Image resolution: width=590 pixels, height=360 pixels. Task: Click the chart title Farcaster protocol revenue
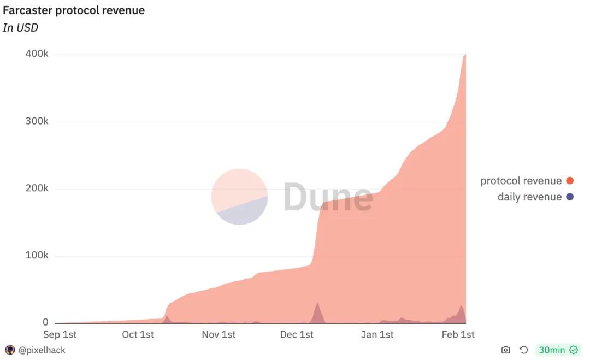pyautogui.click(x=74, y=10)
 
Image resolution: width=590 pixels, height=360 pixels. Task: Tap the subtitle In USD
pyautogui.click(x=20, y=27)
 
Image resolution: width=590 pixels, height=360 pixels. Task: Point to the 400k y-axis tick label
pyautogui.click(x=37, y=54)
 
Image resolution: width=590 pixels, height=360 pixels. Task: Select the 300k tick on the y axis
pyautogui.click(x=37, y=121)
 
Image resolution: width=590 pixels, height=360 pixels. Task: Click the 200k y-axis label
pyautogui.click(x=37, y=188)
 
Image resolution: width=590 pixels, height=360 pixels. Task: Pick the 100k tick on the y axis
pyautogui.click(x=37, y=256)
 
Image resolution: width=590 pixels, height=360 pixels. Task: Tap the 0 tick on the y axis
pyautogui.click(x=45, y=322)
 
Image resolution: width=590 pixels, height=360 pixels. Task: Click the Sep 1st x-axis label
pyautogui.click(x=60, y=334)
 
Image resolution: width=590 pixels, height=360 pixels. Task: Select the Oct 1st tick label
pyautogui.click(x=138, y=334)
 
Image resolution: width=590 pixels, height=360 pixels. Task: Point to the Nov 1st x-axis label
pyautogui.click(x=219, y=334)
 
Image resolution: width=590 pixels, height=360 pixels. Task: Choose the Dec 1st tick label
pyautogui.click(x=297, y=334)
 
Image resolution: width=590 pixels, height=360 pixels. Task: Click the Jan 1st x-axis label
pyautogui.click(x=377, y=334)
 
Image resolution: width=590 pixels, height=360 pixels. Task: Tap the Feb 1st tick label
pyautogui.click(x=458, y=334)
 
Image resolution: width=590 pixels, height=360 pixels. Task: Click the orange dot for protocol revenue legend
pyautogui.click(x=570, y=181)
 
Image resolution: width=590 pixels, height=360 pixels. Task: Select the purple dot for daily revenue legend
pyautogui.click(x=570, y=197)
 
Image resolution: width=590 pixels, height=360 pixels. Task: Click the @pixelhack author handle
pyautogui.click(x=42, y=350)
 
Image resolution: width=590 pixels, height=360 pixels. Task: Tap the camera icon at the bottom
pyautogui.click(x=506, y=350)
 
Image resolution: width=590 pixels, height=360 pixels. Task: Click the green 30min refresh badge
pyautogui.click(x=558, y=350)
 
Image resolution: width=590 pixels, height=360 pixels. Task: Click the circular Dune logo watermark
pyautogui.click(x=239, y=196)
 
